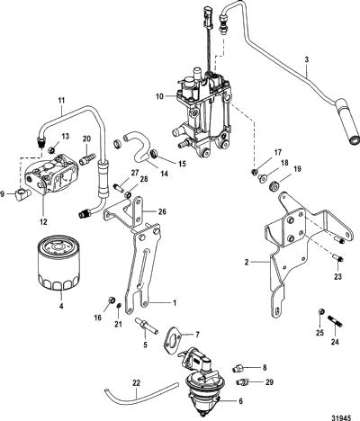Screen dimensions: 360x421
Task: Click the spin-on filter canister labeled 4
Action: point(58,263)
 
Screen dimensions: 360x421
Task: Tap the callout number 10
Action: point(159,96)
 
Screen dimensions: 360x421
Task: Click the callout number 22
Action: point(136,383)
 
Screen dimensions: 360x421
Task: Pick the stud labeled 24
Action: point(336,322)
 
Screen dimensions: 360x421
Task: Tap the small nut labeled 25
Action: point(320,312)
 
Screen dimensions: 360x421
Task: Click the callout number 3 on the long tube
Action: point(307,59)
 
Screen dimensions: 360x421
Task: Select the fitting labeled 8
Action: point(238,368)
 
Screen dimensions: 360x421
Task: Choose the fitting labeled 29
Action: point(241,382)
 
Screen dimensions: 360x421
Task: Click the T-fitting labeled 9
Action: point(22,194)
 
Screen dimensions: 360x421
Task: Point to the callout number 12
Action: point(43,222)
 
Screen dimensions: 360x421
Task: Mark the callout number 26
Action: point(162,212)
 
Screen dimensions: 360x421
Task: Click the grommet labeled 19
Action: point(274,185)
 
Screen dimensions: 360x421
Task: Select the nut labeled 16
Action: point(112,300)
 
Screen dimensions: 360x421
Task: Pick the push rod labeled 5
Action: point(147,326)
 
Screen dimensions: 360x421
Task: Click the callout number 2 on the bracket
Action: point(247,263)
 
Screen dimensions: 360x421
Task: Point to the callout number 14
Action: point(164,174)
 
